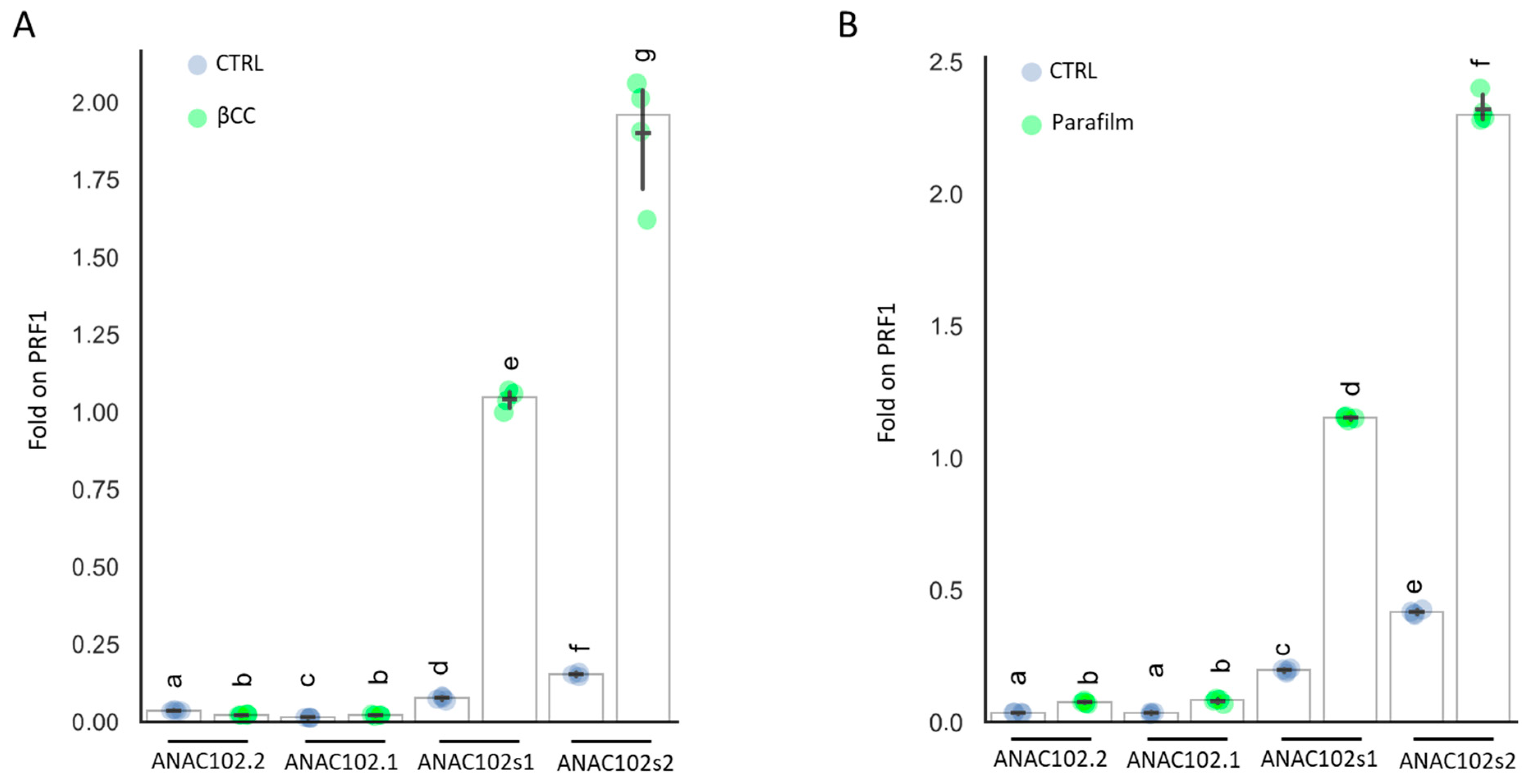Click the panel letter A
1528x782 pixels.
tap(24, 25)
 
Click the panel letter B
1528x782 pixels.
tap(848, 25)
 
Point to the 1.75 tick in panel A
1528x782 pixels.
tap(95, 180)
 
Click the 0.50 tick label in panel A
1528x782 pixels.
tap(95, 568)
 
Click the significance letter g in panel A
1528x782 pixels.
tap(645, 55)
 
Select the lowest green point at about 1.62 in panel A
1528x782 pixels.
tap(647, 220)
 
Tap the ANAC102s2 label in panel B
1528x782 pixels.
tap(1457, 761)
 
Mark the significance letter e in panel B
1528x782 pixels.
tap(1414, 586)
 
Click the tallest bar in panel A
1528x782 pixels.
tap(643, 415)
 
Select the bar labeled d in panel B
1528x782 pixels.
tap(1350, 570)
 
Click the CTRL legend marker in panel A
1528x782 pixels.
tap(197, 64)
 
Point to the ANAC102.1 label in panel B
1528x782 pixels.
tap(1183, 760)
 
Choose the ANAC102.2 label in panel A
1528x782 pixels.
tap(208, 761)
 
